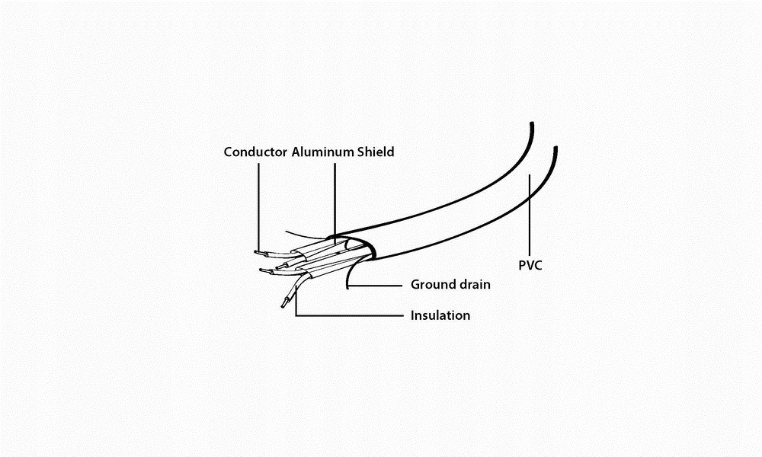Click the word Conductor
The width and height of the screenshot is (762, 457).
255,152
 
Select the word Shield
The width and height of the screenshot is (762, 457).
376,152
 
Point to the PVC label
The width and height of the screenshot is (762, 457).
530,266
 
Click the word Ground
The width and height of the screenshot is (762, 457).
431,285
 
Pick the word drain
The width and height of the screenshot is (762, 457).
473,285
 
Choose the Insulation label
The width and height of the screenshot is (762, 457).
440,315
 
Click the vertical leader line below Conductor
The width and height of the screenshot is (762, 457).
258,206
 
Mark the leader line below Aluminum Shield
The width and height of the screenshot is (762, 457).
334,198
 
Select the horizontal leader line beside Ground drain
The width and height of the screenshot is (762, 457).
377,286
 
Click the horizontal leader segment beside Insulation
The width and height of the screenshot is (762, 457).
351,315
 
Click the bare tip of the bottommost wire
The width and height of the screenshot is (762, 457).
283,304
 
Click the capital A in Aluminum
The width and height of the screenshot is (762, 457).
296,152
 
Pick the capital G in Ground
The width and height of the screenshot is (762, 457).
416,285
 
